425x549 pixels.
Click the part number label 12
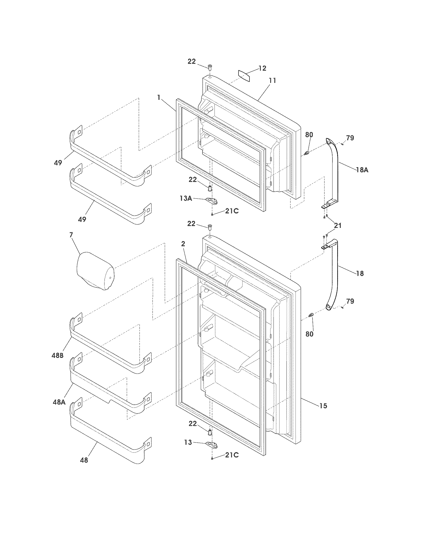[262, 68]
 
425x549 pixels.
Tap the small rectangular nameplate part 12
[244, 76]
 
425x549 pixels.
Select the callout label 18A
[362, 170]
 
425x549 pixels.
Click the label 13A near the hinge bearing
[186, 198]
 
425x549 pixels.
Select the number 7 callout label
[71, 235]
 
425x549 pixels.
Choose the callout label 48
[84, 460]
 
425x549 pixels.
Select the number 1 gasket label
[158, 98]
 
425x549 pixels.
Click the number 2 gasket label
[183, 244]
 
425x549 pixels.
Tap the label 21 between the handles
[337, 226]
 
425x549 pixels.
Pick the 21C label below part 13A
[232, 211]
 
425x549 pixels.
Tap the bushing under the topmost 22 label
[210, 67]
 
